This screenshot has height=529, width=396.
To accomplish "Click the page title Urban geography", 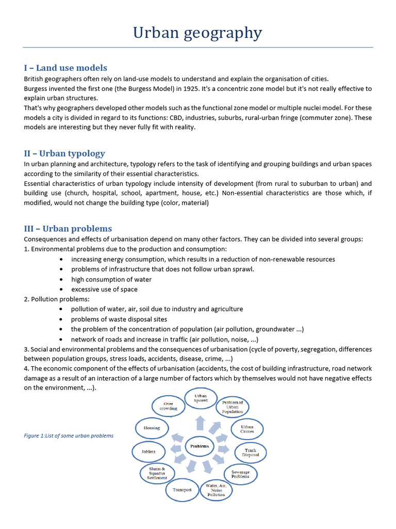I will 197,33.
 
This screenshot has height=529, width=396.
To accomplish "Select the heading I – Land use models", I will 65,68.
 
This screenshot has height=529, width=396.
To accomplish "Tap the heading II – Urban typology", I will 64,153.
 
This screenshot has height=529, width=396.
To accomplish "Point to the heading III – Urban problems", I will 68,228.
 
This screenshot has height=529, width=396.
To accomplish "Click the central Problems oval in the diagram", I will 200,446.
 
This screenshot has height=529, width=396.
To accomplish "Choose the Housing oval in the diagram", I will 152,428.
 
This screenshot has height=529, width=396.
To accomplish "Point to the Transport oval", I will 182,489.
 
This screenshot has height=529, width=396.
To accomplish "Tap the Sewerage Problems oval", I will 240,474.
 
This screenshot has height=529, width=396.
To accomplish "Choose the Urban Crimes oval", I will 247,429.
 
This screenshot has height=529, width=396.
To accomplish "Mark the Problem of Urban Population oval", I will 233,407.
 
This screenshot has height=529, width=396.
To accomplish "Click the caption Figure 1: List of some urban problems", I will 69,435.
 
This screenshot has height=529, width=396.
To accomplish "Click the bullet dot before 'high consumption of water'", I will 62,279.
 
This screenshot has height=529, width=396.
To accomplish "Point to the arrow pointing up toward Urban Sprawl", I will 200,423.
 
